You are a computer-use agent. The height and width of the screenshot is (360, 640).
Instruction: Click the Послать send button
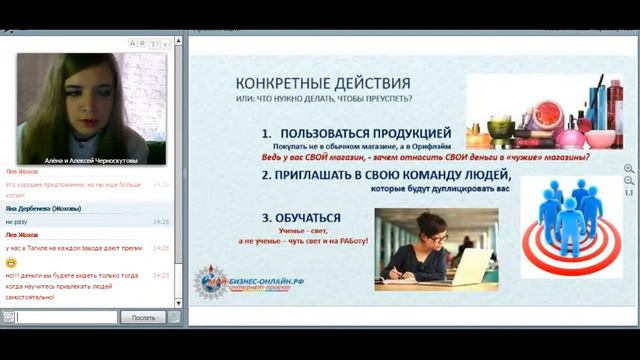point(142,317)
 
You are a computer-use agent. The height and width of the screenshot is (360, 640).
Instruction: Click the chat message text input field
point(65,317)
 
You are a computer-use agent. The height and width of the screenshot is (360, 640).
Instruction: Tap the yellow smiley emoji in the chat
point(10,261)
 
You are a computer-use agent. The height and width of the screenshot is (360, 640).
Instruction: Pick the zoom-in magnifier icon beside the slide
point(628,169)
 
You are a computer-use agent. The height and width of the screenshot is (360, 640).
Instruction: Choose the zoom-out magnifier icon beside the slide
point(628,181)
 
